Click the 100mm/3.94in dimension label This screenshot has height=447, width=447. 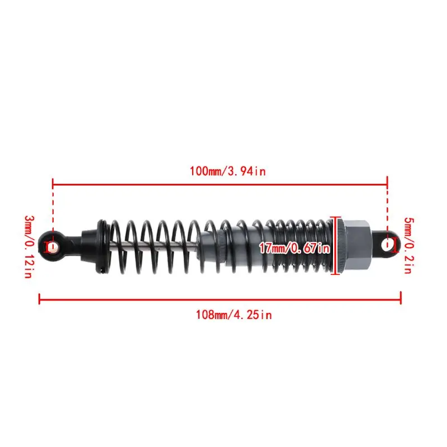(x=227, y=172)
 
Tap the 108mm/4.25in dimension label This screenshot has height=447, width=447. (x=233, y=315)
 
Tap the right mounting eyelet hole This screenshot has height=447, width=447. (x=387, y=244)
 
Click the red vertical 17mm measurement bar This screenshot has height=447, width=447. (x=336, y=246)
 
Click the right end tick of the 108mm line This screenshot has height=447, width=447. (x=401, y=298)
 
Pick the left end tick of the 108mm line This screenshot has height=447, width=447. (x=39, y=298)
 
